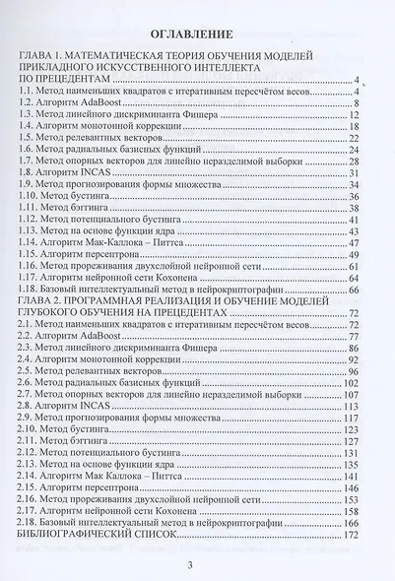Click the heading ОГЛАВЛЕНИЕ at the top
point(198,31)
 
